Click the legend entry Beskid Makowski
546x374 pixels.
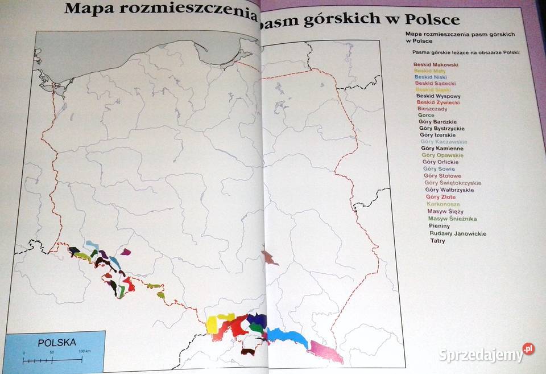pos(436,64)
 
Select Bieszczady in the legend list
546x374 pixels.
pos(432,109)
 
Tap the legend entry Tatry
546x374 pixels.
pos(438,241)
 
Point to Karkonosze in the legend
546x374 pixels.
pos(443,204)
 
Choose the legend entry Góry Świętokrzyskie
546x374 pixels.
pos(453,183)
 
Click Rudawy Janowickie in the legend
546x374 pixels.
pos(457,233)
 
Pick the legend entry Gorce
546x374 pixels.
pos(426,116)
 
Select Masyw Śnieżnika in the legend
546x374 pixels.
pos(452,219)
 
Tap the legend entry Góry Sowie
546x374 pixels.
pos(438,168)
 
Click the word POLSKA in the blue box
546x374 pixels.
pos(56,343)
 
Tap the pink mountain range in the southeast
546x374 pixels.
pos(325,351)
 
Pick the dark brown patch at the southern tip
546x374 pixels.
pos(247,351)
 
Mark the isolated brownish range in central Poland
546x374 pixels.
pos(268,257)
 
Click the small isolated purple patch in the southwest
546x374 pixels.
pos(126,251)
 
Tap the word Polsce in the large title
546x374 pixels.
pos(432,19)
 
